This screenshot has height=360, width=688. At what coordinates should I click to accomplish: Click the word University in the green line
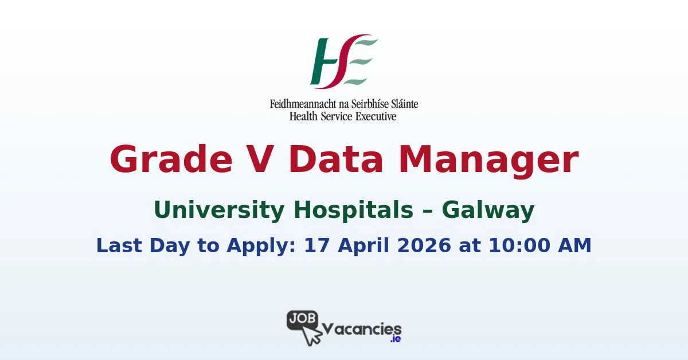pos(220,210)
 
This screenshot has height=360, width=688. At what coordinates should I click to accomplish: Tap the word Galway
pos(488,211)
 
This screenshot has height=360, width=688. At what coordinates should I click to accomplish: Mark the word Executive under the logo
pos(376,116)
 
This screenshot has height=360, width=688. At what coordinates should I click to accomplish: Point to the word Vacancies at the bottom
pos(362,329)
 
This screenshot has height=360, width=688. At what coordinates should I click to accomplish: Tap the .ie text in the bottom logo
pos(394,339)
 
